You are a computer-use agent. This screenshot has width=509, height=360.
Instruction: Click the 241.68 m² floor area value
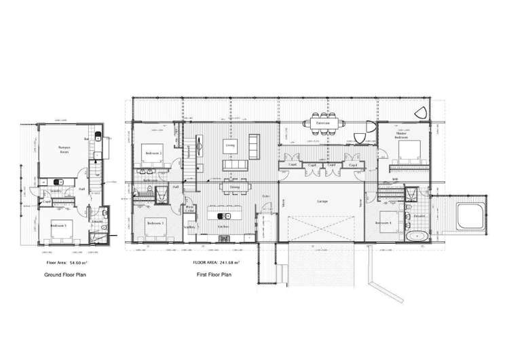pos(228,262)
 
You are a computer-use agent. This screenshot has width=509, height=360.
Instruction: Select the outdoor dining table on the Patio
pos(323,124)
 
